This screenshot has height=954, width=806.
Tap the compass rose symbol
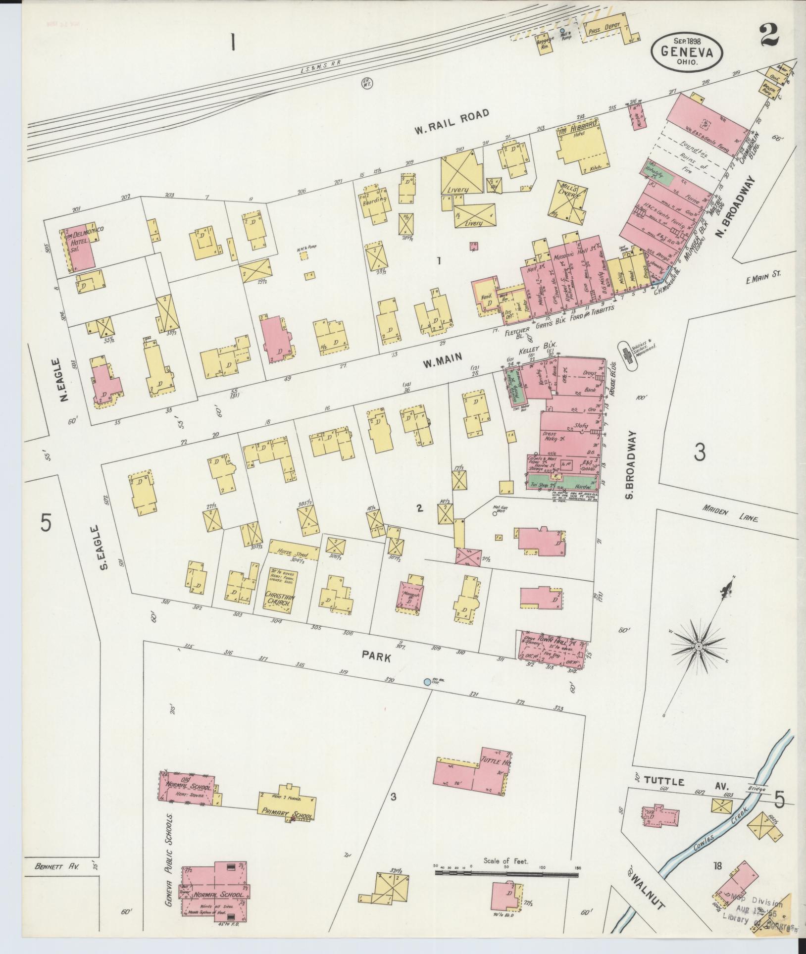pos(699,647)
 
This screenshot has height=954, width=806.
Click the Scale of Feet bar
pos(506,874)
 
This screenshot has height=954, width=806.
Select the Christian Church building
pos(280,588)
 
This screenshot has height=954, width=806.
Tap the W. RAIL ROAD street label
pos(452,121)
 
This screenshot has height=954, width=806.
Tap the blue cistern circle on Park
pos(427,682)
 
